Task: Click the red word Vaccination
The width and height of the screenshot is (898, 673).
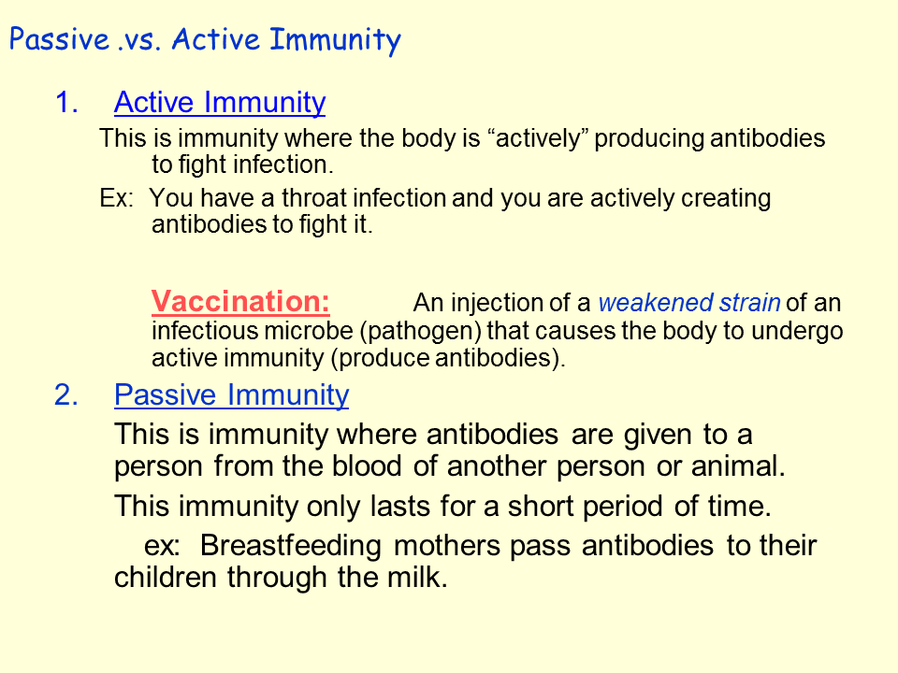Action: tap(240, 301)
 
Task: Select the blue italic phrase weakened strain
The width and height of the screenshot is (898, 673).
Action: tap(689, 302)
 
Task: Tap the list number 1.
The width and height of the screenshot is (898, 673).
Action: tap(66, 103)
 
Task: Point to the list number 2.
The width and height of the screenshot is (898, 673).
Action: tap(66, 394)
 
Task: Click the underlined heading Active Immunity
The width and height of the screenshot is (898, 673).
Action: tap(220, 103)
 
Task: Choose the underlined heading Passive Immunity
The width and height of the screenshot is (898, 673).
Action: tap(231, 394)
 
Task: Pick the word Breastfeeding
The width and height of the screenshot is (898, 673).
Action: tap(290, 545)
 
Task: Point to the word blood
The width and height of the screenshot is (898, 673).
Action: tap(367, 465)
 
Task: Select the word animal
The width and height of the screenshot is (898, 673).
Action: tap(738, 465)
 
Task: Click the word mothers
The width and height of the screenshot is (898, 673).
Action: tap(447, 545)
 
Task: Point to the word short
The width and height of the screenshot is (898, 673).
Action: tap(540, 506)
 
